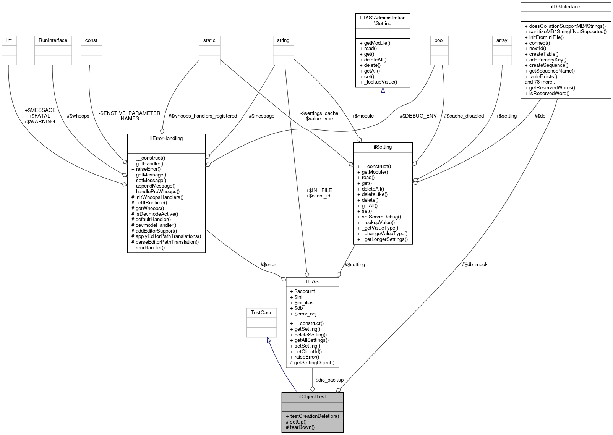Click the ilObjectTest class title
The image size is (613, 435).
click(312, 396)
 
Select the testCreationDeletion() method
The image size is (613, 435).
click(312, 416)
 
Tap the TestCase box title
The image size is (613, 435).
click(261, 312)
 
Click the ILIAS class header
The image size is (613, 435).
click(312, 281)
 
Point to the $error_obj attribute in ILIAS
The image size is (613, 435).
click(303, 314)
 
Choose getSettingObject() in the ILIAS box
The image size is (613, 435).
click(312, 362)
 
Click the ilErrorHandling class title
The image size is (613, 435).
click(166, 138)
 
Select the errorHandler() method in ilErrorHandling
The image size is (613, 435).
click(148, 247)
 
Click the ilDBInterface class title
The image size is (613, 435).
click(566, 6)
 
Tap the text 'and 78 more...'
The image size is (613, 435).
click(540, 82)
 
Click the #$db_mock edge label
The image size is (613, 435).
click(475, 264)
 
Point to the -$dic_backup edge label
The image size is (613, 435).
click(329, 380)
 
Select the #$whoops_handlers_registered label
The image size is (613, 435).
click(203, 116)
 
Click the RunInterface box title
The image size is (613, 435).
click(53, 40)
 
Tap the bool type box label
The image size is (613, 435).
click(439, 40)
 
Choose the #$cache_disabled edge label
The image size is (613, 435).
click(464, 116)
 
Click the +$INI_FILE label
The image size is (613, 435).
click(319, 190)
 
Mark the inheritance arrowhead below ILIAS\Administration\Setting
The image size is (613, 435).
click(383, 91)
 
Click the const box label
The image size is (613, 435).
click(91, 40)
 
